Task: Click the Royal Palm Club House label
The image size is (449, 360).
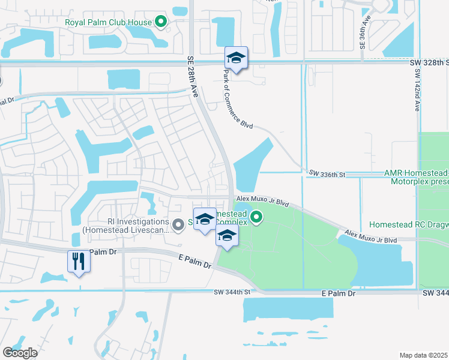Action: pos(108,23)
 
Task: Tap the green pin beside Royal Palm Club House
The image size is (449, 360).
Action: pos(160,23)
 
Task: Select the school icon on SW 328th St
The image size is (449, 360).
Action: pos(236,59)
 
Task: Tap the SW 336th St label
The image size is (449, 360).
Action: pos(328,174)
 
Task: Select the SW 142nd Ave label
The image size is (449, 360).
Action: pos(417,89)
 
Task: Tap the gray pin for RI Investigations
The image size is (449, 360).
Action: pos(178,225)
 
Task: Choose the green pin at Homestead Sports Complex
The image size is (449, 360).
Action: pos(256,217)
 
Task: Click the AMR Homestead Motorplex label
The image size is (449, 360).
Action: pos(416,176)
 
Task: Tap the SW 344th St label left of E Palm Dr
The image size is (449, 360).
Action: pos(232,292)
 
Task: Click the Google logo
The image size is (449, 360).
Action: pos(20,352)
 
